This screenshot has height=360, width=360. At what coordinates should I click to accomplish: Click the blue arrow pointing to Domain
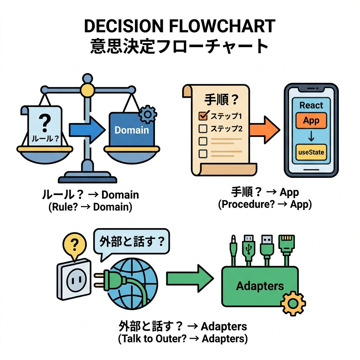(86, 130)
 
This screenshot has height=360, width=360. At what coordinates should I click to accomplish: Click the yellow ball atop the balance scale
(86, 89)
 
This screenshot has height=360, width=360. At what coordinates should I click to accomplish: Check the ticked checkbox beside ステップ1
(203, 115)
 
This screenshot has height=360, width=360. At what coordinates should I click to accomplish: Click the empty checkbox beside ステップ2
(203, 128)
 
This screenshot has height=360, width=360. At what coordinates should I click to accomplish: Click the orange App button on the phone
(311, 121)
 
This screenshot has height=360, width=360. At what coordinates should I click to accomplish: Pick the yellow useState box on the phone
(311, 153)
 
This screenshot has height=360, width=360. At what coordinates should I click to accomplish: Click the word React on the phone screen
(311, 105)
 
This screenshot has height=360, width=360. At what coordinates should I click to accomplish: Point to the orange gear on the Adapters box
(294, 303)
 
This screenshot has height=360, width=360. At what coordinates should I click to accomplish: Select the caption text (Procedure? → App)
(265, 205)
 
